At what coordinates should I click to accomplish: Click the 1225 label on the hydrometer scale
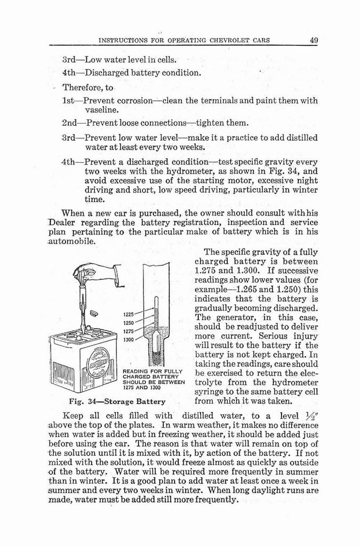[129, 315]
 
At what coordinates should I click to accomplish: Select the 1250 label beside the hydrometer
[129, 323]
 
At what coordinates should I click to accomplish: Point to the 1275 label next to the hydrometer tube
[129, 331]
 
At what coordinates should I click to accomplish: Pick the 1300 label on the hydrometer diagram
[129, 340]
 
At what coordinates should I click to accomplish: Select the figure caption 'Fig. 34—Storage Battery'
[117, 401]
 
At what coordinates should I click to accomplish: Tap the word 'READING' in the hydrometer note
[135, 372]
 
